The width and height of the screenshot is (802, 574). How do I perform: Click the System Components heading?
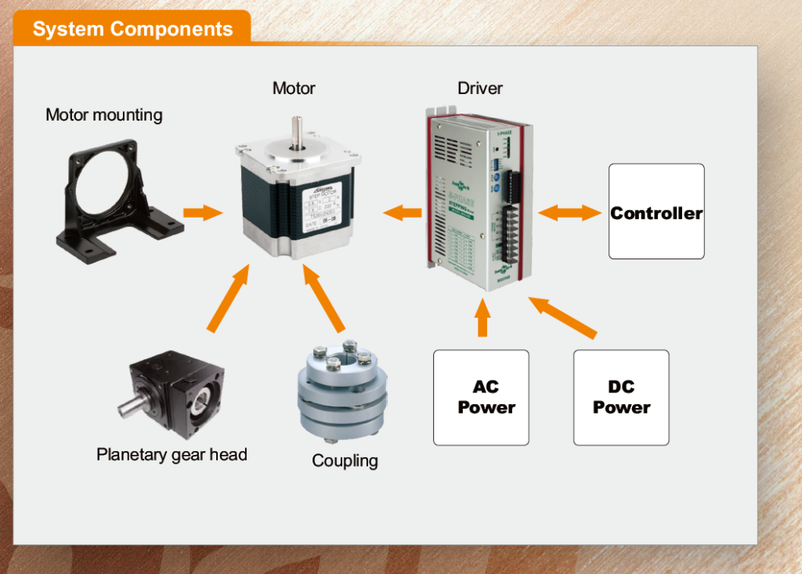pyautogui.click(x=132, y=30)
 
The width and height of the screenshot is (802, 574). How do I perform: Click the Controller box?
pyautogui.click(x=656, y=211)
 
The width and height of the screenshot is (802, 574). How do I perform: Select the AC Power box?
pyautogui.click(x=481, y=398)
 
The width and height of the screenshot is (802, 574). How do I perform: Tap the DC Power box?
pyautogui.click(x=621, y=398)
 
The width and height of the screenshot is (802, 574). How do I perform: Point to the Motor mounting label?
pyautogui.click(x=104, y=115)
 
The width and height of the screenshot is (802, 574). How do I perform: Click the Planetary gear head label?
pyautogui.click(x=172, y=454)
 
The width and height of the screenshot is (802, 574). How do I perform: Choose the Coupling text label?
pyautogui.click(x=345, y=460)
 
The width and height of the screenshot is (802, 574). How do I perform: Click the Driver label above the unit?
pyautogui.click(x=480, y=88)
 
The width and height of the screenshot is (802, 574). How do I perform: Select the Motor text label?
pyautogui.click(x=294, y=88)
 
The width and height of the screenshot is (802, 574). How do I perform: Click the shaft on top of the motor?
pyautogui.click(x=298, y=132)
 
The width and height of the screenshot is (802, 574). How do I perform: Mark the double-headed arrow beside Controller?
pyautogui.click(x=570, y=212)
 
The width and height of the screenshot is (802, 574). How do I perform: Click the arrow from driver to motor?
pyautogui.click(x=403, y=212)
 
